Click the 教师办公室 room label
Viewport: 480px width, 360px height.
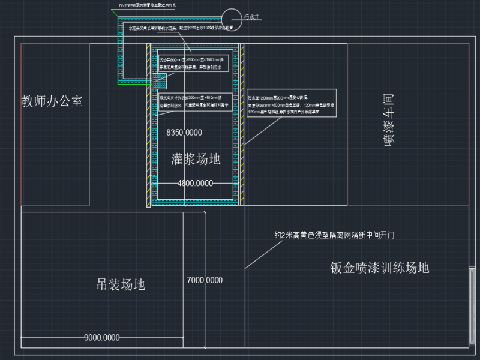tap(52, 101)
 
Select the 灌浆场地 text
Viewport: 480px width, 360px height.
tap(196, 159)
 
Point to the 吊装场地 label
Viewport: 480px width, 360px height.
tap(121, 284)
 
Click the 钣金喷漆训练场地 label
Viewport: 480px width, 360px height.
tap(379, 268)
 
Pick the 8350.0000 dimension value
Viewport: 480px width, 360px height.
tap(184, 132)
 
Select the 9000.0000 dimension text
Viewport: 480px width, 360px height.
tap(102, 338)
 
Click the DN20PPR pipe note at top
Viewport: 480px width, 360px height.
tap(147, 5)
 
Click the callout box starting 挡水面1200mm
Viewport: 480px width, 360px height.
tap(291, 103)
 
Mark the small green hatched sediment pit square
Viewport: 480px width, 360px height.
tap(160, 80)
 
